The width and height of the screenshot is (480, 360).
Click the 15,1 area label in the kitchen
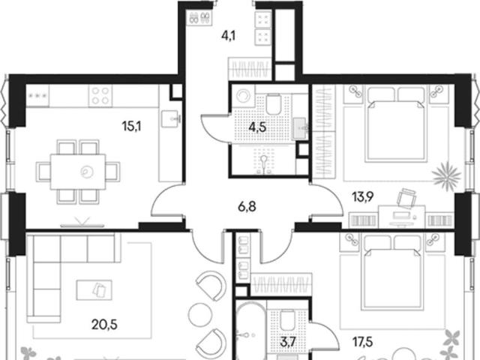[131, 126]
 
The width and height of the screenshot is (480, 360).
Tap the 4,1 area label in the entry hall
[228, 36]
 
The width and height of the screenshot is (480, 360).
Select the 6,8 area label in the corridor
[247, 207]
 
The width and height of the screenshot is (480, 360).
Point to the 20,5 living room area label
[104, 324]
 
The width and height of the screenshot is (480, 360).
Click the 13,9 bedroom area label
[363, 197]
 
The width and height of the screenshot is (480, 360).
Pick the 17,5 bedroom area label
[363, 342]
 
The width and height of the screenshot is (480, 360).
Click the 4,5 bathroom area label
[257, 127]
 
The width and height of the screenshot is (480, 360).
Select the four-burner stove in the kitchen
[100, 96]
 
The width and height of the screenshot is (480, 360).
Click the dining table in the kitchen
[78, 172]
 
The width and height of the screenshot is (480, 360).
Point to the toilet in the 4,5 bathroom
[273, 104]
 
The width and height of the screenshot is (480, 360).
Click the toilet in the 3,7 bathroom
[287, 321]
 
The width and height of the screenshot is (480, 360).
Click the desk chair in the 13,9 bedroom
[406, 198]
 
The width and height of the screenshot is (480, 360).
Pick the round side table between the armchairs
[200, 314]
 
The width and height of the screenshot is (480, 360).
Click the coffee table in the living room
[94, 290]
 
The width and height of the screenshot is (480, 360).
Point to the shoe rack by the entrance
[199, 17]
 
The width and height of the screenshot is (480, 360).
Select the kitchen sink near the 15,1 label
[170, 118]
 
